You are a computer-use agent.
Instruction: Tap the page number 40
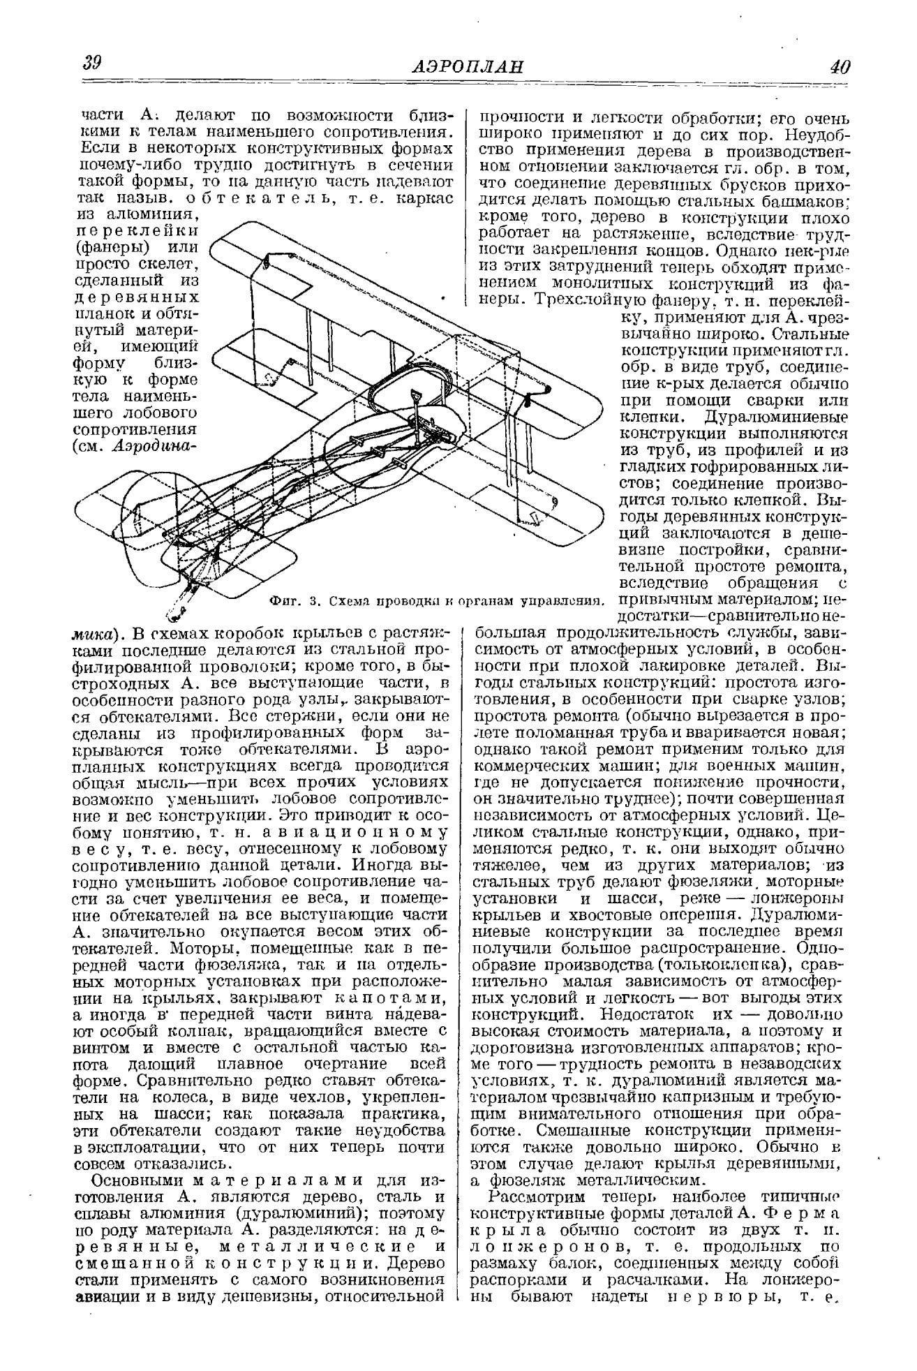(839, 67)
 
